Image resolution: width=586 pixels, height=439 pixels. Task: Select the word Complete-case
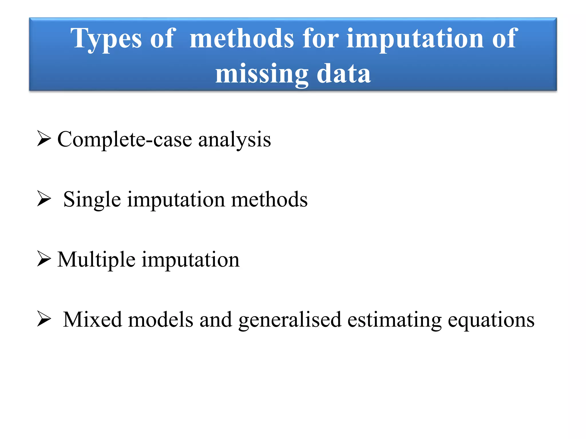click(x=124, y=139)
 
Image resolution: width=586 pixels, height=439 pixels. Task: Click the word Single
click(x=92, y=199)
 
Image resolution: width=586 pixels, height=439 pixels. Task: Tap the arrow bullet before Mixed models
click(x=44, y=319)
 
